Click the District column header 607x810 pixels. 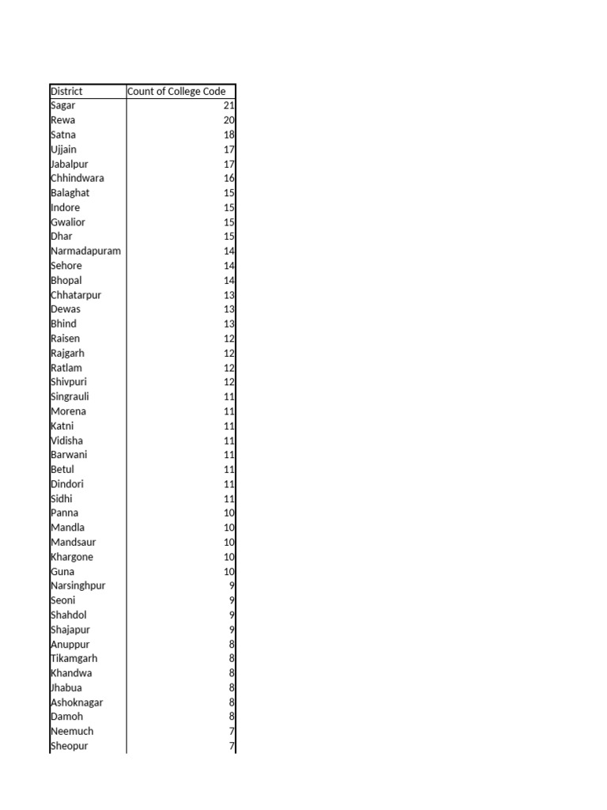[66, 91]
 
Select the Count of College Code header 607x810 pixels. [176, 91]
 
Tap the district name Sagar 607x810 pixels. [63, 105]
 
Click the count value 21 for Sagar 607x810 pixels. [229, 105]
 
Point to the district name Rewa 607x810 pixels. [63, 120]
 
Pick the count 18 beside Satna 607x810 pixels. [229, 134]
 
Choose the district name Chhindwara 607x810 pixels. [77, 178]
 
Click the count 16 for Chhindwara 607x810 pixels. [229, 178]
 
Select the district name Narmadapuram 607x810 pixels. [85, 251]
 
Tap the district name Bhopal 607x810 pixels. [66, 280]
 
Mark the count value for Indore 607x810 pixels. [229, 207]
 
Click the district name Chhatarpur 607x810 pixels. [76, 295]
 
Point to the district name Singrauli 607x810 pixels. [70, 396]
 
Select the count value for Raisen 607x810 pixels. [229, 339]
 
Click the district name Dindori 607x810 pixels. [67, 483]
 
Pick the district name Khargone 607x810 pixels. [72, 556]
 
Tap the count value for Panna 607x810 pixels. [229, 513]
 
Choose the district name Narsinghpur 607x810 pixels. [77, 585]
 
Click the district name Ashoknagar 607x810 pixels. [77, 702]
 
